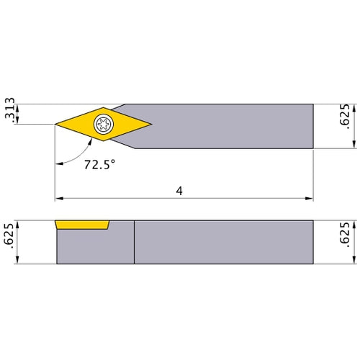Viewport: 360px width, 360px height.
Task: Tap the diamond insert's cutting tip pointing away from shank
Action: (x=56, y=125)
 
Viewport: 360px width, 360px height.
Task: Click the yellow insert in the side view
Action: (x=82, y=225)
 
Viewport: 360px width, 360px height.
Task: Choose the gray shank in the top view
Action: (x=230, y=125)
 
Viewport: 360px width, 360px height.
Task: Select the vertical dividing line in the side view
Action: (x=134, y=242)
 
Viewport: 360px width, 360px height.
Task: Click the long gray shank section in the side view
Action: (x=223, y=242)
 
